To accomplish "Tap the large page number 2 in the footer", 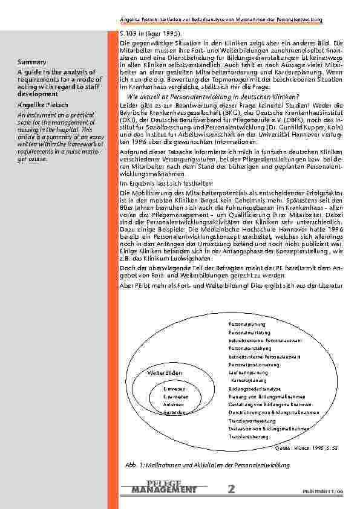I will click(x=232, y=489).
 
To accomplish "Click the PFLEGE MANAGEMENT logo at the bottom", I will click(x=163, y=487).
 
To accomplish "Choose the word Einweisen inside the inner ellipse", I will click(x=174, y=388).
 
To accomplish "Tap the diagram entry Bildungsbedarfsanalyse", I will click(x=255, y=388).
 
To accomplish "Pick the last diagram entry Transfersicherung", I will click(x=248, y=435).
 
